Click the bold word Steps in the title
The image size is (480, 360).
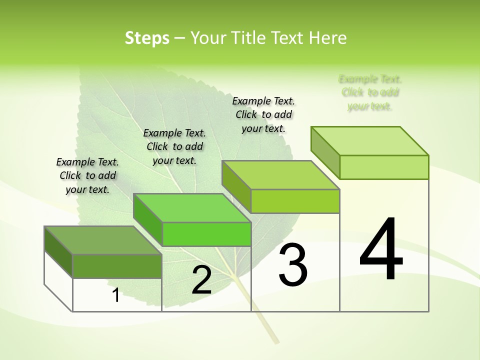[147, 38]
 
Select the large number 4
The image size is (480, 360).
[381, 250]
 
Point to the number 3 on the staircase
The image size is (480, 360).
[292, 265]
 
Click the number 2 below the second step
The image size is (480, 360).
[201, 280]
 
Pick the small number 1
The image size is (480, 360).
[115, 295]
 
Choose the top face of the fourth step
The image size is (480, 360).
[370, 141]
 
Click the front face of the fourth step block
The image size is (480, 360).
[384, 167]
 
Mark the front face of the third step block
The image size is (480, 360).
[295, 201]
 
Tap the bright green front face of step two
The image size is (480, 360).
[206, 234]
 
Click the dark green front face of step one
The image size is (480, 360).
[117, 266]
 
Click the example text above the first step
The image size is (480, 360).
[87, 175]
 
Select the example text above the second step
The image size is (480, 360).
[174, 146]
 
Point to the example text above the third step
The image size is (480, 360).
[263, 114]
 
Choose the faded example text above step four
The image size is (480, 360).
[370, 92]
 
